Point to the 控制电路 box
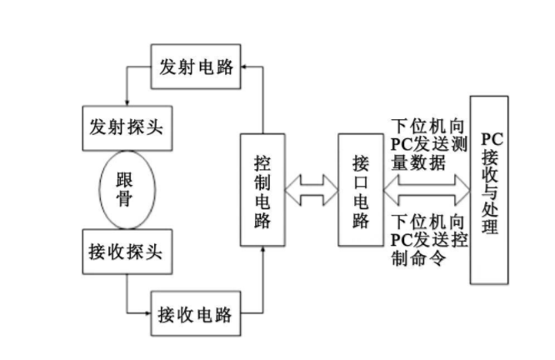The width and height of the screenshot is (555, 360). click(262, 190)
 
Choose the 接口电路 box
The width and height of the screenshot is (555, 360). click(360, 190)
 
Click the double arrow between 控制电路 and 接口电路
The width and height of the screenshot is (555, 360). click(311, 190)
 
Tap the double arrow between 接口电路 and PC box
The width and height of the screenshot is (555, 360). click(427, 191)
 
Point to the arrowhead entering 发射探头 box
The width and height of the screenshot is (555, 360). click(126, 99)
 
